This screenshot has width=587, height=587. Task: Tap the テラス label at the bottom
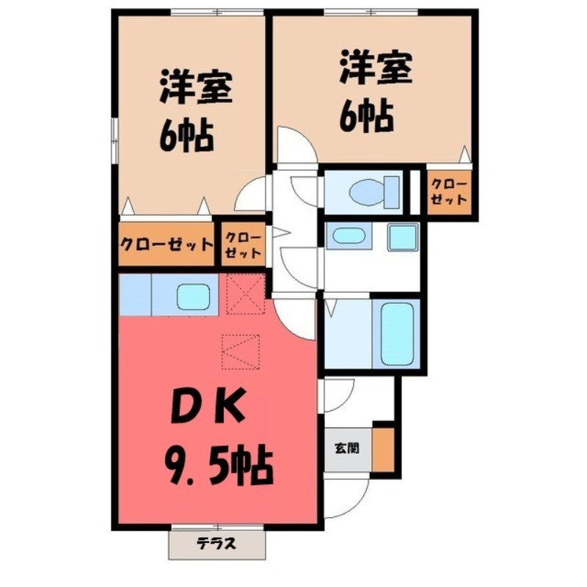[216, 544]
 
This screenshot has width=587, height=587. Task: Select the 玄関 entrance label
[347, 447]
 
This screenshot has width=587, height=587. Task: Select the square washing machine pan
[402, 236]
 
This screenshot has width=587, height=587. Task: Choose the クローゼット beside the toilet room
[448, 192]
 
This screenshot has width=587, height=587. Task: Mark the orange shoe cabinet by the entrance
[382, 448]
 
